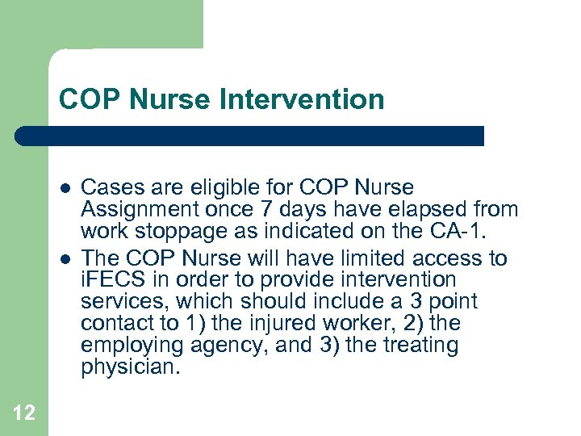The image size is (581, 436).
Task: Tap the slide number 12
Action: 24,413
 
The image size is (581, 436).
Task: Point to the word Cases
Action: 109,188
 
